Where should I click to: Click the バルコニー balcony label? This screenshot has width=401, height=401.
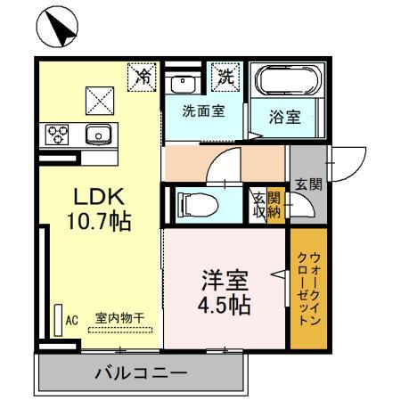141,373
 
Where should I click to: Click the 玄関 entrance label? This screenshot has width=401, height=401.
308,185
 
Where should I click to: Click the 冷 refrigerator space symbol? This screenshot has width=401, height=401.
141,76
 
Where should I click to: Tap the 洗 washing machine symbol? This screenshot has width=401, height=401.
225,77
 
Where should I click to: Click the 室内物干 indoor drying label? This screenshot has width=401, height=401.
120,318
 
